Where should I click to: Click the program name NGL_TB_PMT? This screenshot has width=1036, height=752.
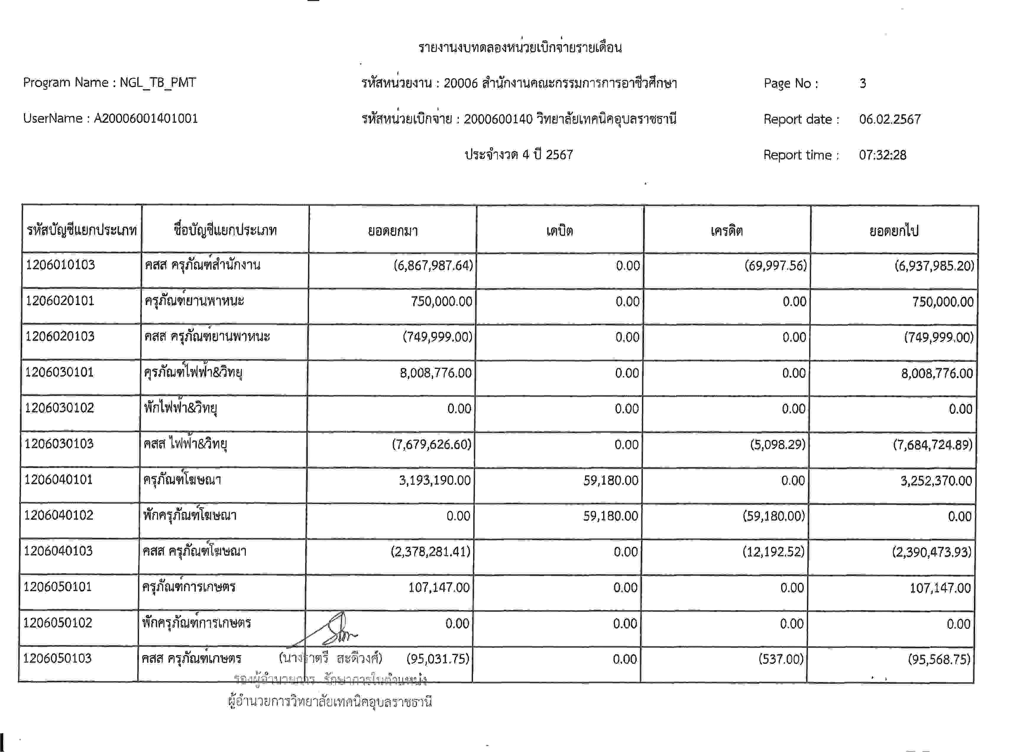click(x=158, y=83)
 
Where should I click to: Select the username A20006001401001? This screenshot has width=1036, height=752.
click(x=146, y=119)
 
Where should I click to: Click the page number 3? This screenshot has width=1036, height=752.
click(x=862, y=83)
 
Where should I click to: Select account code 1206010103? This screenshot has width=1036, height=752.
click(x=60, y=265)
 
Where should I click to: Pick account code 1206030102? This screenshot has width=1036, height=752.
click(x=59, y=408)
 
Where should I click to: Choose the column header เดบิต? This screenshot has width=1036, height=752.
click(x=560, y=231)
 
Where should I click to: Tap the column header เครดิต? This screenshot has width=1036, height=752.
click(x=727, y=231)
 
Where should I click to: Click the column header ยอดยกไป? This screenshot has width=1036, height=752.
click(x=894, y=231)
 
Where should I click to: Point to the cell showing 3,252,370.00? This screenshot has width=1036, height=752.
click(x=936, y=481)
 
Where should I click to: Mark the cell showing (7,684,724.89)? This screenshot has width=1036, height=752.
click(x=933, y=445)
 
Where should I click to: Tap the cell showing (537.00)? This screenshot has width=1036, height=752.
click(x=781, y=659)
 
